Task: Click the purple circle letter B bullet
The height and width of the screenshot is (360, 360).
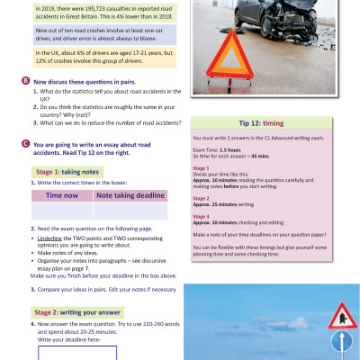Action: pos(22,80)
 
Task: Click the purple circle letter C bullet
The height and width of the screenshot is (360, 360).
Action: pos(22,144)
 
